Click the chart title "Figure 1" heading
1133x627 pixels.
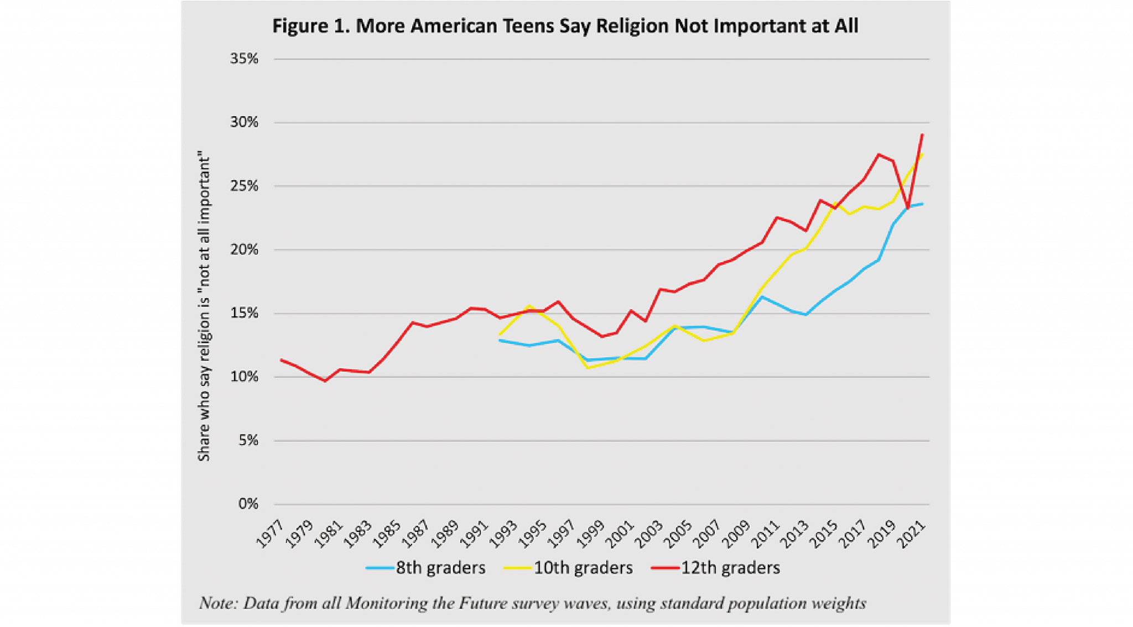pos(565,26)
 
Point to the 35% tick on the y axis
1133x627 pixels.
pos(244,59)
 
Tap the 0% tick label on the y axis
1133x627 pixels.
pos(248,504)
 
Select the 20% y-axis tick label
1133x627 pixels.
pos(244,250)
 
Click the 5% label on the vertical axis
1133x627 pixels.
pos(248,441)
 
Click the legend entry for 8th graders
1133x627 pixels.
pos(426,568)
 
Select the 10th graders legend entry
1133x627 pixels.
pos(569,568)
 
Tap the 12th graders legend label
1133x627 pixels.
pos(716,568)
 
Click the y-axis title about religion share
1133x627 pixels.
pos(205,309)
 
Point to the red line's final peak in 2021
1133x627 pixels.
pos(922,134)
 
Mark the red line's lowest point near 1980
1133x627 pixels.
pos(325,381)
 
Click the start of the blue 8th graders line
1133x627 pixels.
pos(500,341)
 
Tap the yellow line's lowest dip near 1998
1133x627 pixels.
pos(588,368)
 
